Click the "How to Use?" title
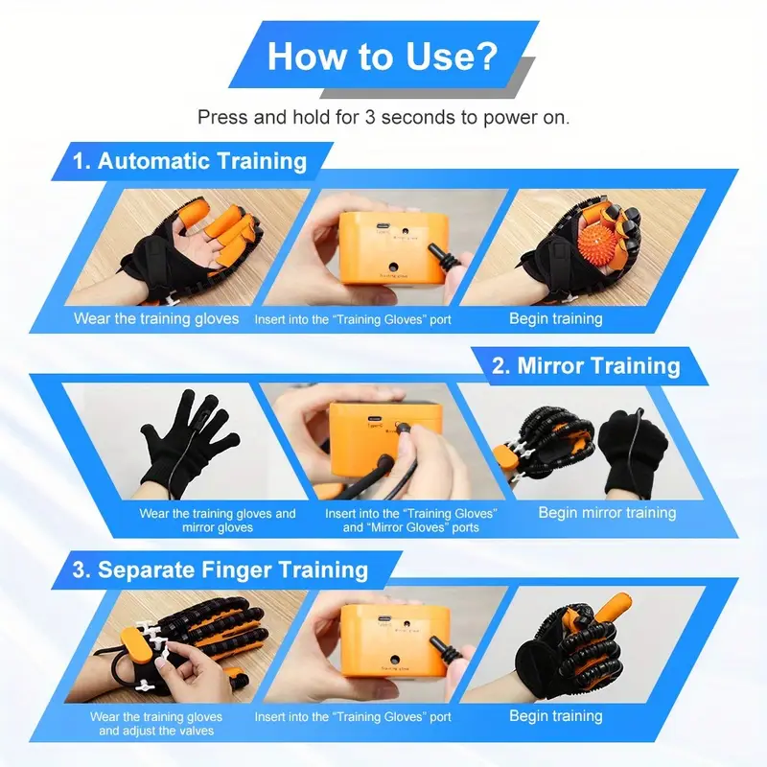tap(382, 57)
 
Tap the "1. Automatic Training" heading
tap(190, 161)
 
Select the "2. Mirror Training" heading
tap(586, 365)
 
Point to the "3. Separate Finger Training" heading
tap(221, 569)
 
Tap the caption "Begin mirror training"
tap(607, 513)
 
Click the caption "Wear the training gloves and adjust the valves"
tap(156, 724)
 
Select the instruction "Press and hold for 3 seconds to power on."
tap(383, 117)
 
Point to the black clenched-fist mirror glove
tap(632, 450)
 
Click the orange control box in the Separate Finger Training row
tap(395, 640)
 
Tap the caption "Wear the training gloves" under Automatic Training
tap(156, 318)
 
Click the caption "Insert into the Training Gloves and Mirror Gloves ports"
tap(411, 521)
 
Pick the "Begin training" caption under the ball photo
tap(556, 318)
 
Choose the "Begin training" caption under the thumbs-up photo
tap(556, 715)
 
